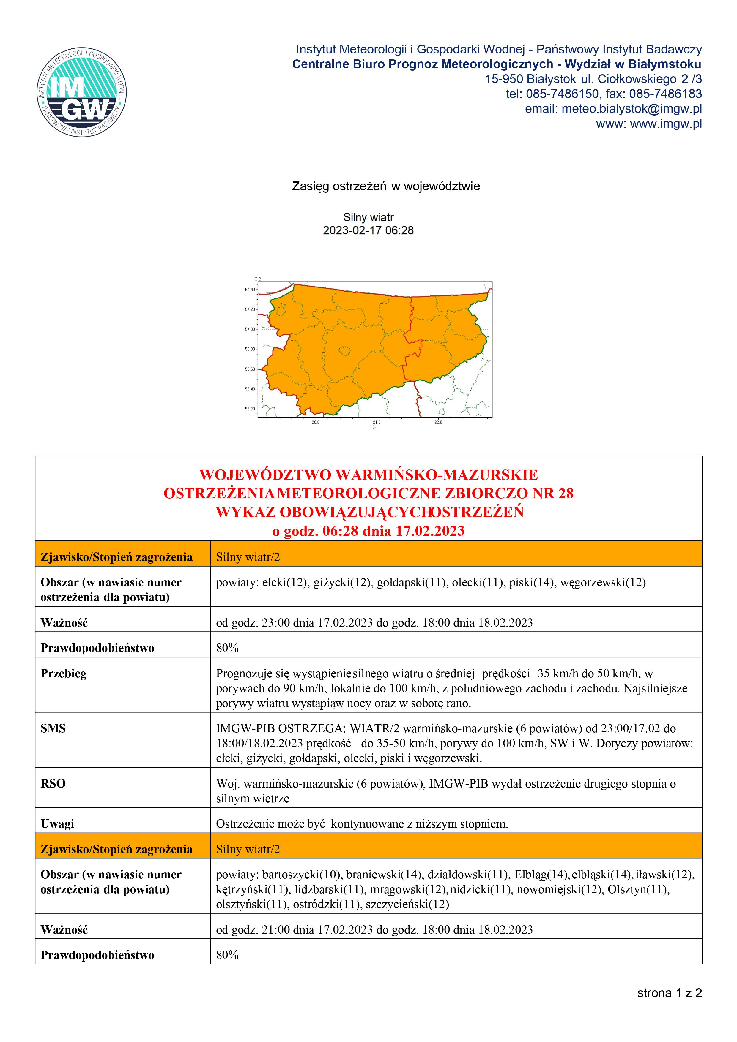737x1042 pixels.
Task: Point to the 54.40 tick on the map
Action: coord(250,290)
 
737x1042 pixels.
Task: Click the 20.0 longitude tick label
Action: coord(315,422)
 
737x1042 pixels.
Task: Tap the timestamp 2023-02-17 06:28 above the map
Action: coord(368,230)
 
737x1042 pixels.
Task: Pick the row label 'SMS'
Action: coord(53,728)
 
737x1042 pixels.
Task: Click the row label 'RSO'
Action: coord(53,783)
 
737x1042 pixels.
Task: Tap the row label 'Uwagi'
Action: coord(57,824)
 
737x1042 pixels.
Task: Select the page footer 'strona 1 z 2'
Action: coord(669,993)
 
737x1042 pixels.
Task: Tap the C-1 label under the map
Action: coord(375,427)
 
